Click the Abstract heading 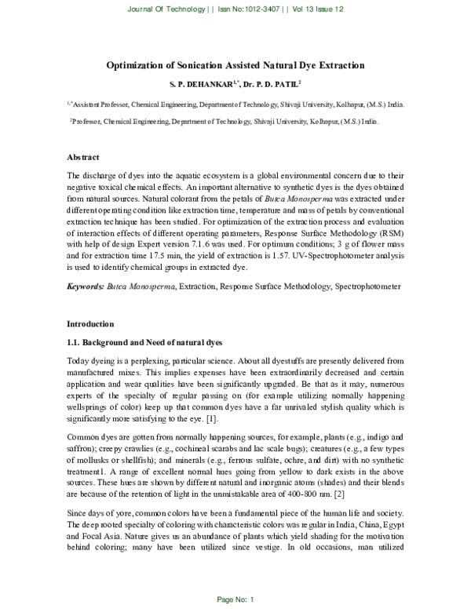pos(85,158)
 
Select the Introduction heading pos(90,323)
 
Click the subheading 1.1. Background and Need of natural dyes pos(144,343)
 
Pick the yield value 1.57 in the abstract pos(289,257)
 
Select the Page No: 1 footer pos(235,600)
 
